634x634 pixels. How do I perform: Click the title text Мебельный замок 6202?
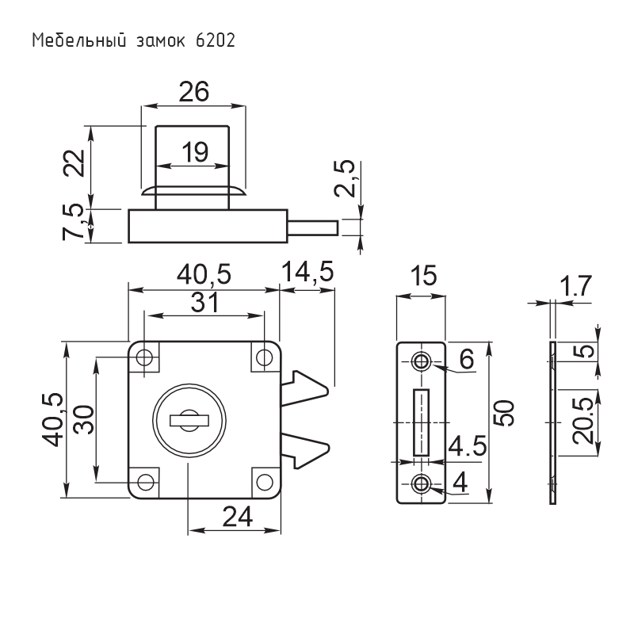click(133, 41)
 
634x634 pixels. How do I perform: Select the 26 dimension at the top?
click(194, 92)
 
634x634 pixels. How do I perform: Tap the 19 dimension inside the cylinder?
click(195, 152)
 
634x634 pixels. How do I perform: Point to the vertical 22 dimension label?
click(74, 163)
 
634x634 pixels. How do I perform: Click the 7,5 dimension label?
click(74, 222)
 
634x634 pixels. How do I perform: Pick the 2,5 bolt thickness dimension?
click(345, 178)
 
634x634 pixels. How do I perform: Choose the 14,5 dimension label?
click(307, 271)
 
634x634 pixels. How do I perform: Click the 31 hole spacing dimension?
click(204, 303)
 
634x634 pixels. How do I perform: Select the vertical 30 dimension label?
click(85, 420)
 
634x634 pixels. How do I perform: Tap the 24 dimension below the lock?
click(237, 517)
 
